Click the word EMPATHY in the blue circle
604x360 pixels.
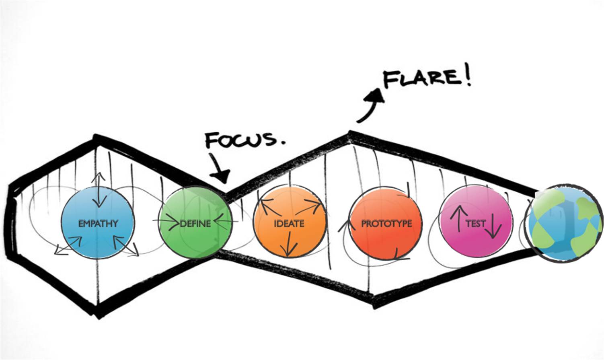click(x=98, y=223)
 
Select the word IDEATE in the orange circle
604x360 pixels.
click(x=288, y=224)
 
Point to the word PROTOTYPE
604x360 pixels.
click(x=386, y=224)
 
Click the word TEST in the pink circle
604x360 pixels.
click(x=475, y=223)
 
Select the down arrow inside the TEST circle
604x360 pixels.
click(x=493, y=229)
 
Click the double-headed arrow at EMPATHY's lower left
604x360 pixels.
click(x=68, y=245)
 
